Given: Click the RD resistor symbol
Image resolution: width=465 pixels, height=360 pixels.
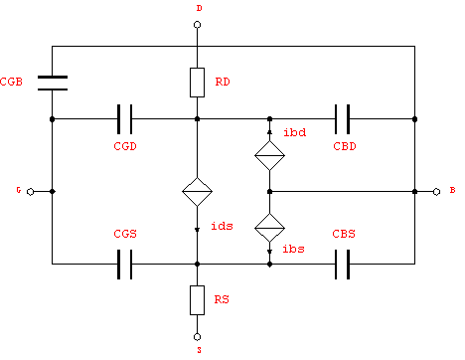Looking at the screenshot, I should point(198,82).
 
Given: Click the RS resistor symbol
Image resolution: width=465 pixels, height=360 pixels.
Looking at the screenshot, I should point(198,297).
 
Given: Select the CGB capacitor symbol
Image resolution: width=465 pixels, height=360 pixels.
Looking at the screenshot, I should point(52,82).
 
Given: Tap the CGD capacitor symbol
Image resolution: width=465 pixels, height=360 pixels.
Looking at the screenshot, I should point(125,118).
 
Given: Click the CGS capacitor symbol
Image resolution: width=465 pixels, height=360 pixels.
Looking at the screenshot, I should point(125,265).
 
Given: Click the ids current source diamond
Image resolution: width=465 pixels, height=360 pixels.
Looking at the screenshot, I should point(198,190).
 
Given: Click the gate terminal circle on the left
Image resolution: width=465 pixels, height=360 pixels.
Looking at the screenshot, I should point(30,190).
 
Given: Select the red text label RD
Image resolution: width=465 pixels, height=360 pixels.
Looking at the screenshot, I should point(225,83).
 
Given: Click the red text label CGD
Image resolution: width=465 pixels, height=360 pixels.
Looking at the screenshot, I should point(124,145).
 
